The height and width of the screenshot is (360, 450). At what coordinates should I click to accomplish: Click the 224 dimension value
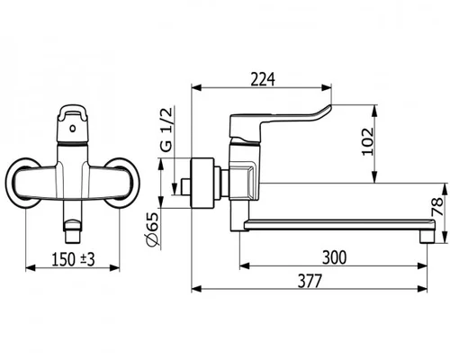coord(263,79)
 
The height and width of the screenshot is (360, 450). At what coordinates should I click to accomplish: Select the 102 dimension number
coord(368,141)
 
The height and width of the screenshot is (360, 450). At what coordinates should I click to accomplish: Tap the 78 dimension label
coord(437,207)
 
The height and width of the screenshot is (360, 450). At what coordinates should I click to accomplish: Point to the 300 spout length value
coord(334,257)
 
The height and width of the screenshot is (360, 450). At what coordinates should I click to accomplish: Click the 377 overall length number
coord(310,281)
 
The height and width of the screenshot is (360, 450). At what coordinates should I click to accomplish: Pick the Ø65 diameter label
coord(153,229)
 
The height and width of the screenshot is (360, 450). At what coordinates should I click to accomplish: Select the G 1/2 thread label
coord(166,130)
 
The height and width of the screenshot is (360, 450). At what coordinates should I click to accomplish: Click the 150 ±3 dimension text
coord(74,259)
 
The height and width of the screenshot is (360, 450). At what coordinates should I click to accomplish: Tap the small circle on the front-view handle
coord(72,129)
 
